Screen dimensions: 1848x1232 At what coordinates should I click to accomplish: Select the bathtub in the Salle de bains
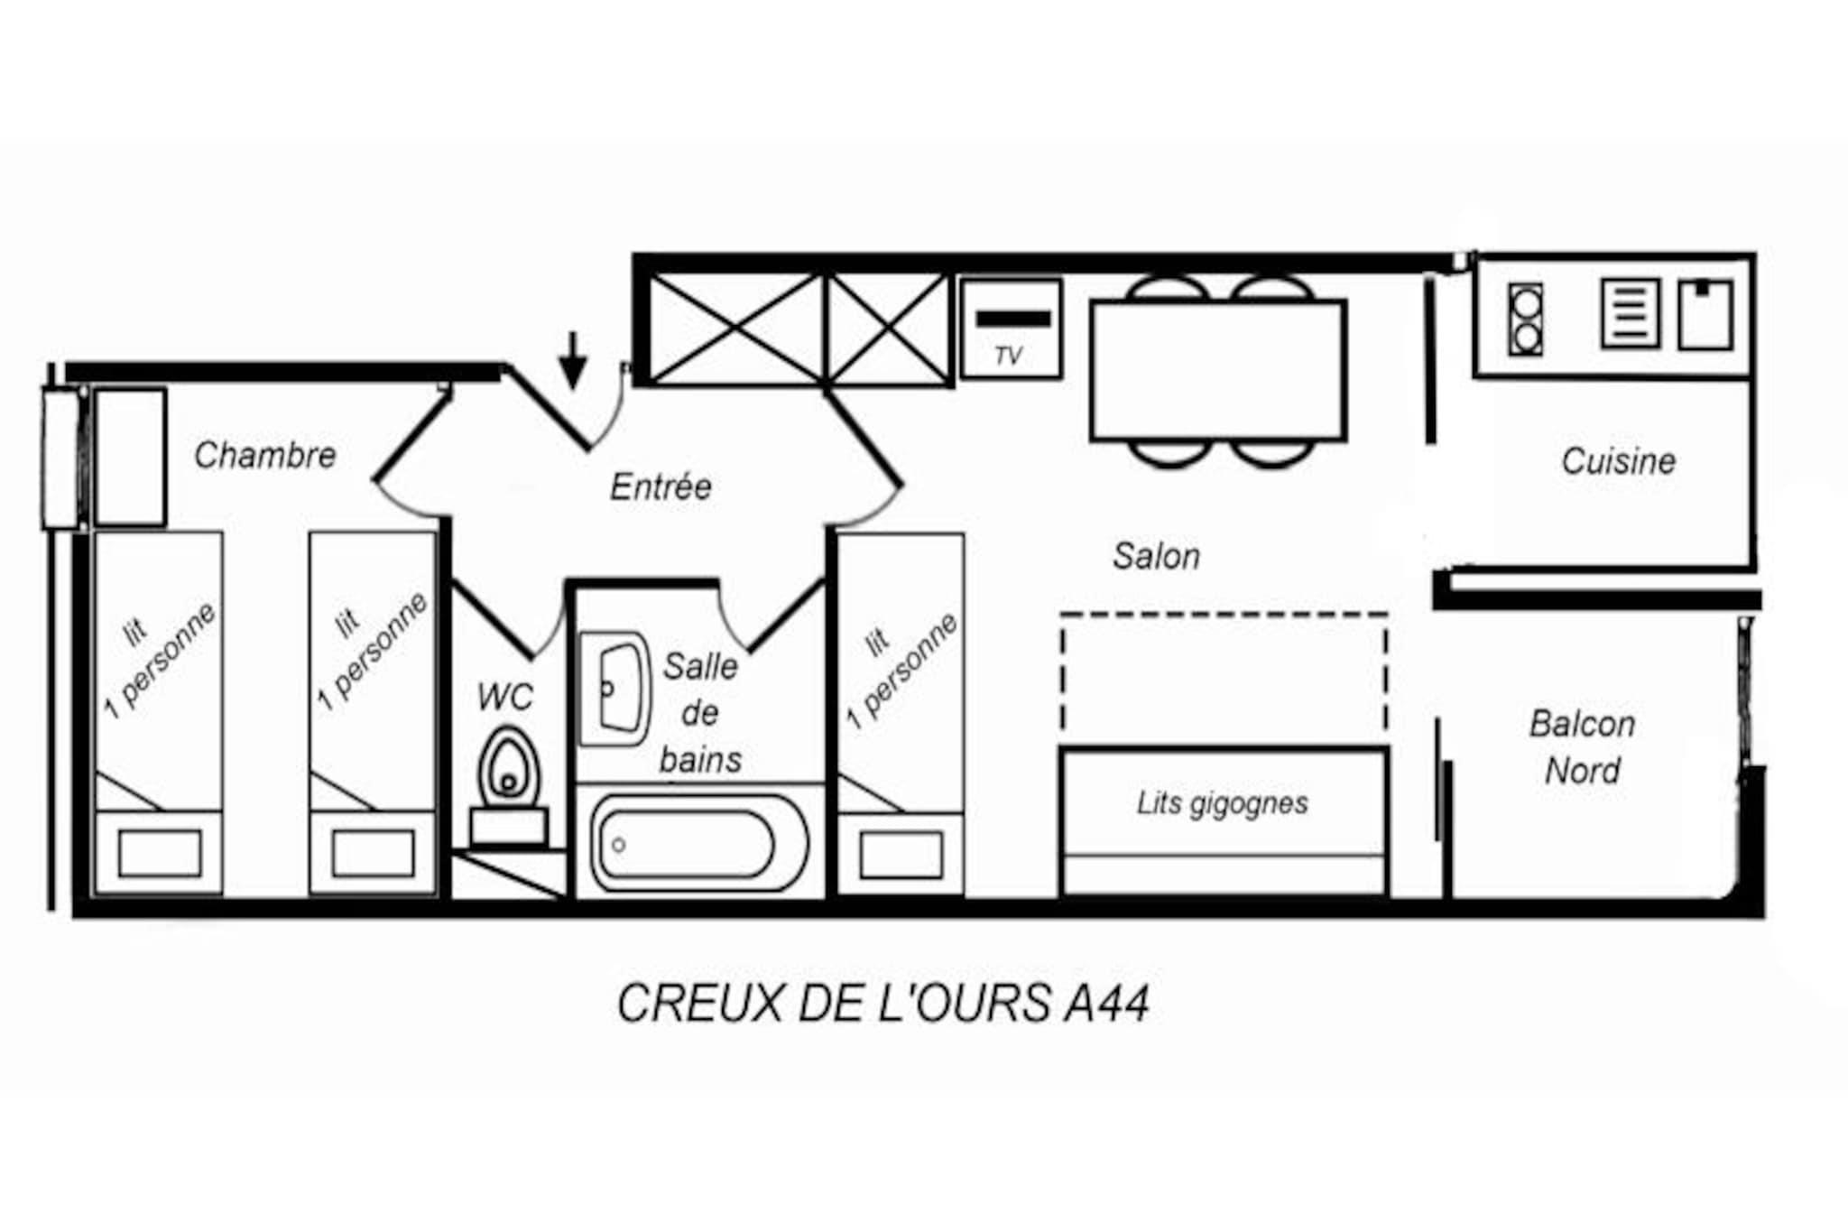699,844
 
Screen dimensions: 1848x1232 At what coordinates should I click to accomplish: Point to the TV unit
1011,329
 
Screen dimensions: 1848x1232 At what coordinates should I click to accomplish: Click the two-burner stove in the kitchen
1526,320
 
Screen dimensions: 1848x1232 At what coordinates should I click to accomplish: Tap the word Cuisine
1618,461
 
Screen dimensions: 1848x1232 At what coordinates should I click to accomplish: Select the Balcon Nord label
1582,747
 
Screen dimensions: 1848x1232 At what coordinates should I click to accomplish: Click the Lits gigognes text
1222,802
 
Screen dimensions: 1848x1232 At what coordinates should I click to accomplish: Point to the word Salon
1156,556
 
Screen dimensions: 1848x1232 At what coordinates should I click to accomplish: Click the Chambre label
265,455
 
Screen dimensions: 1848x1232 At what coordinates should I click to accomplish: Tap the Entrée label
661,486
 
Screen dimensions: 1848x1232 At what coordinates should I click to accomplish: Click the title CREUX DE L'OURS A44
882,1003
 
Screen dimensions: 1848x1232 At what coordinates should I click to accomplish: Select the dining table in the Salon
1218,371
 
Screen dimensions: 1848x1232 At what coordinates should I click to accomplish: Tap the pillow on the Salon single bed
901,854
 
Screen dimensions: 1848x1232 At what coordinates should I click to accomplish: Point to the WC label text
505,697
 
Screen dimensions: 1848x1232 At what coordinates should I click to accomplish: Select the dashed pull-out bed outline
1224,672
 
